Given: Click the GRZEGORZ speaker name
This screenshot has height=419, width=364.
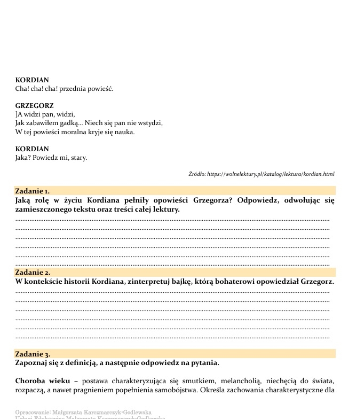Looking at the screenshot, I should coord(34,106).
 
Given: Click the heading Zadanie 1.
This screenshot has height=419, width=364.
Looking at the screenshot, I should coord(32,190).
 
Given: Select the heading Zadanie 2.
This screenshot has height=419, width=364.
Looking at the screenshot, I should coord(33,272).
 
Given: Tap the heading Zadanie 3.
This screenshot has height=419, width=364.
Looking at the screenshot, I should coord(33,354).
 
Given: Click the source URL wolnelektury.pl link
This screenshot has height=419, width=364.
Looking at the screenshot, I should coord(271,174).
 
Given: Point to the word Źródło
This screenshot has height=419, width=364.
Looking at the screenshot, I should coord(196,174).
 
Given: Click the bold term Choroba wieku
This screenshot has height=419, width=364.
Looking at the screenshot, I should coord(42,381).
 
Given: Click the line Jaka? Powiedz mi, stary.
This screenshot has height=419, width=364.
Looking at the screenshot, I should coord(51,158).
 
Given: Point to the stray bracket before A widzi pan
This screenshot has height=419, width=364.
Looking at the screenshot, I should coord(16,114).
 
